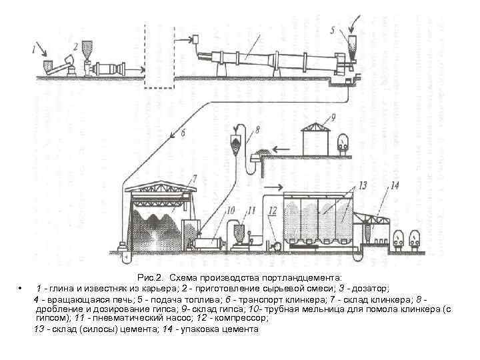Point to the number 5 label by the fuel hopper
tap(333, 31)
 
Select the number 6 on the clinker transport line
tap(183, 133)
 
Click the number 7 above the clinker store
tap(194, 178)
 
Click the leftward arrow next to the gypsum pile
tap(283, 148)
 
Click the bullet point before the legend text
tap(22, 288)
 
